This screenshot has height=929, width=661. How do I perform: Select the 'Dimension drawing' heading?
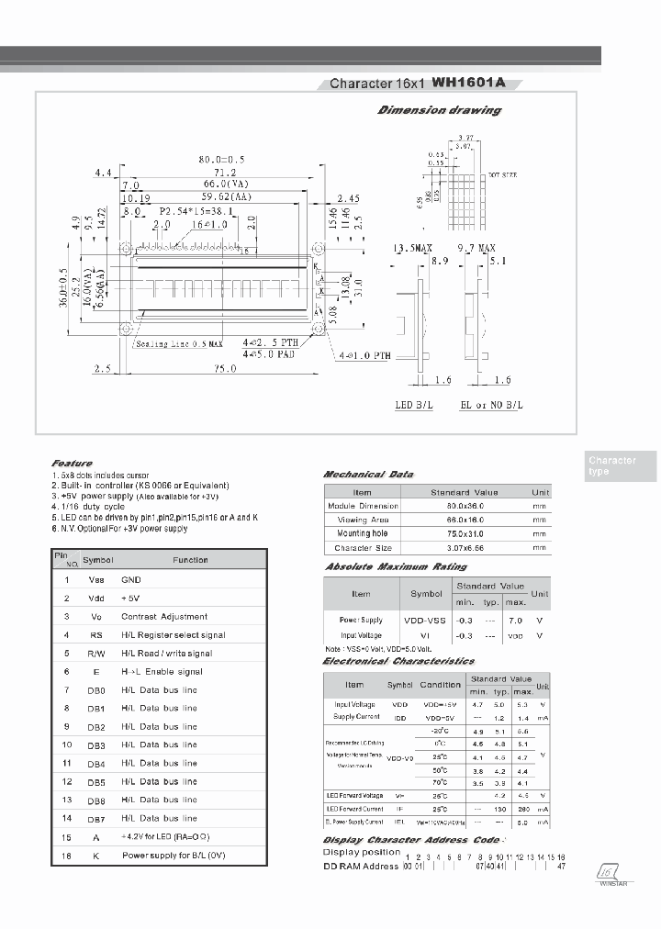pos(440,110)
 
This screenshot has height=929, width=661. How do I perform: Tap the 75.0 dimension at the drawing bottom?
pos(226,368)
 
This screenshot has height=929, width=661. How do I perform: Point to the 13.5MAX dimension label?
pos(412,249)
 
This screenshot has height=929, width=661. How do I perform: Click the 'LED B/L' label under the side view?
pos(413,405)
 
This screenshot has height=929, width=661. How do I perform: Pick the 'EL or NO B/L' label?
pos(491,405)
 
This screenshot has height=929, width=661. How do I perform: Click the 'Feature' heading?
pos(72,464)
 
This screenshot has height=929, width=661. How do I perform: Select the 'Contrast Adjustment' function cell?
pos(164,617)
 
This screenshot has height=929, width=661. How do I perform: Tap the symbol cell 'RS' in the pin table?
pos(96,635)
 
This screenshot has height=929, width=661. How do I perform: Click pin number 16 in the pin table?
pos(66,856)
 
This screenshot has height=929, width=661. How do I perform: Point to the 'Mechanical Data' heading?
pos(368,475)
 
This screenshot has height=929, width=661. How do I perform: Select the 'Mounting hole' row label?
pos(362,533)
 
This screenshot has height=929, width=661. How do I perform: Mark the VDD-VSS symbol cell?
pos(425,621)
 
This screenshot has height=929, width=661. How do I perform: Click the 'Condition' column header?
pos(440,685)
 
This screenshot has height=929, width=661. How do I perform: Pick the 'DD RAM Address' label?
pos(360,867)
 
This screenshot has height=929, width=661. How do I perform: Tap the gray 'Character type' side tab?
pos(611,466)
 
